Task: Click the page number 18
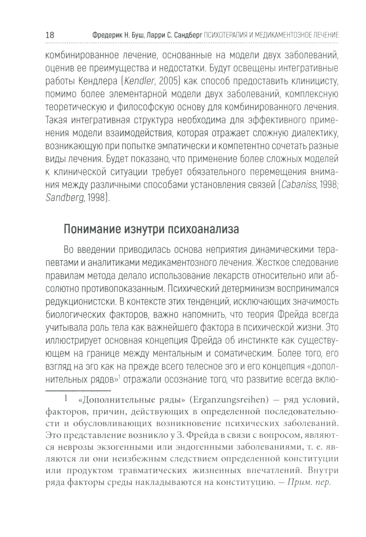pyautogui.click(x=50, y=36)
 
